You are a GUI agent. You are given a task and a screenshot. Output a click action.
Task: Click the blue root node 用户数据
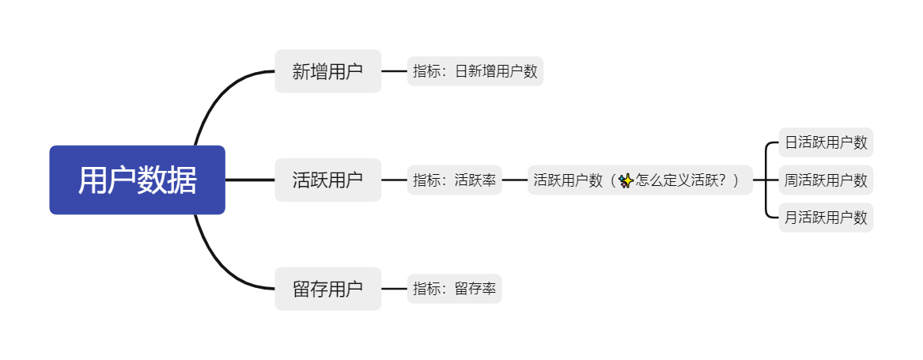tap(137, 180)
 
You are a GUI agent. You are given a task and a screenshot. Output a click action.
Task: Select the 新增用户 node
tap(327, 71)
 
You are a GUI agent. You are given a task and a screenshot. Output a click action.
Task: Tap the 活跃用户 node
tap(327, 180)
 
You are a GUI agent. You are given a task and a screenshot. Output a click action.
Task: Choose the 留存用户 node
tap(327, 289)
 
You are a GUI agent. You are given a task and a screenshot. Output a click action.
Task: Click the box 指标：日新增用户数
tap(475, 71)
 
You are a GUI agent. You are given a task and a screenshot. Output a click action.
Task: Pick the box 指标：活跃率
tap(454, 180)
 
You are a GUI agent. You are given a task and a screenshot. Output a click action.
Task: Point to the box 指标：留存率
tap(454, 289)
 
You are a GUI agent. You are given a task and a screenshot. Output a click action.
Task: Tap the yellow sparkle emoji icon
tap(625, 181)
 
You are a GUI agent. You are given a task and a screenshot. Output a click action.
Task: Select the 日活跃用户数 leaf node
tap(826, 143)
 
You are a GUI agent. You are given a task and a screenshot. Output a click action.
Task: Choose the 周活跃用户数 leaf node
tap(826, 180)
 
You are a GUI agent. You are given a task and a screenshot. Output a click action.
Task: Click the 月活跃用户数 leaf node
tap(826, 217)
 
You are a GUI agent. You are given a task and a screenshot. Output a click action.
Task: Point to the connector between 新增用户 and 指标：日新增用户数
tap(394, 71)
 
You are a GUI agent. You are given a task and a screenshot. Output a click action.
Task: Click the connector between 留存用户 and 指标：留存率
tap(394, 289)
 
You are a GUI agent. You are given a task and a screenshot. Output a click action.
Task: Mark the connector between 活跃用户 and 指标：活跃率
tap(394, 180)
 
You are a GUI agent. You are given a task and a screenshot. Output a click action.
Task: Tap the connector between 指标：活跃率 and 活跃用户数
tap(515, 180)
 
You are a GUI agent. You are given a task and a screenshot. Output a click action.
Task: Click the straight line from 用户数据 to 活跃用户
tap(250, 180)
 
